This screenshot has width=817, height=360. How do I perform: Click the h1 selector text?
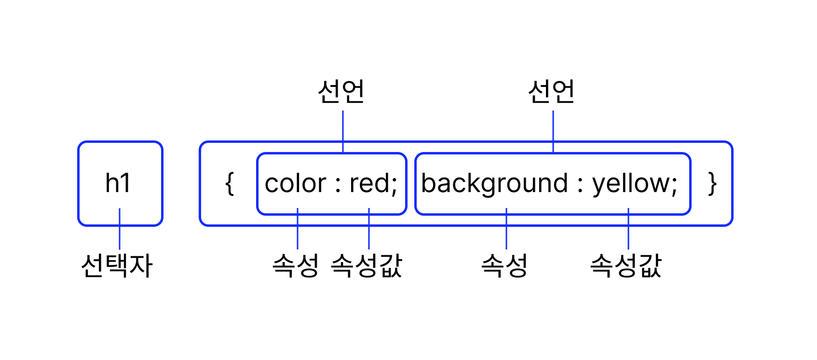pyautogui.click(x=118, y=183)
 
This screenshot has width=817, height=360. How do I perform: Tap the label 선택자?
pyautogui.click(x=117, y=265)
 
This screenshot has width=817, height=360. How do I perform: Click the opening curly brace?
pyautogui.click(x=230, y=184)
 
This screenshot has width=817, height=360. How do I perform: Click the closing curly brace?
pyautogui.click(x=712, y=184)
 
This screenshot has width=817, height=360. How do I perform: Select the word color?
pyautogui.click(x=296, y=184)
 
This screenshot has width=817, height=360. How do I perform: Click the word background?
pyautogui.click(x=494, y=184)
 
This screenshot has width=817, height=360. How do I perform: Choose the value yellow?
pyautogui.click(x=631, y=184)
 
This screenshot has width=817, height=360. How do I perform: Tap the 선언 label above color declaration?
pyautogui.click(x=341, y=92)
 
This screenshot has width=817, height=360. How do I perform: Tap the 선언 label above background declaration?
pyautogui.click(x=552, y=92)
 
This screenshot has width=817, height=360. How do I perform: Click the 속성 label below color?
pyautogui.click(x=296, y=265)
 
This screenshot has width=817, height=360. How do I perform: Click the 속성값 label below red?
pyautogui.click(x=367, y=265)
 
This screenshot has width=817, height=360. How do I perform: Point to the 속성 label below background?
pyautogui.click(x=504, y=265)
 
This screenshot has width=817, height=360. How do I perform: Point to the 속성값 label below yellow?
pyautogui.click(x=626, y=265)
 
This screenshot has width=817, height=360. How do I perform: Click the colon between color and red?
pyautogui.click(x=338, y=185)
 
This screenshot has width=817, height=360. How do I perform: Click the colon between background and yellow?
pyautogui.click(x=581, y=185)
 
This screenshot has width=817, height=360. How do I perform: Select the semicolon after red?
pyautogui.click(x=394, y=186)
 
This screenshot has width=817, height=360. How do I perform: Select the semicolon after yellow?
pyautogui.click(x=674, y=186)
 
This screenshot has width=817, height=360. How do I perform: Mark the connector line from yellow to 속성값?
pyautogui.click(x=628, y=232)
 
